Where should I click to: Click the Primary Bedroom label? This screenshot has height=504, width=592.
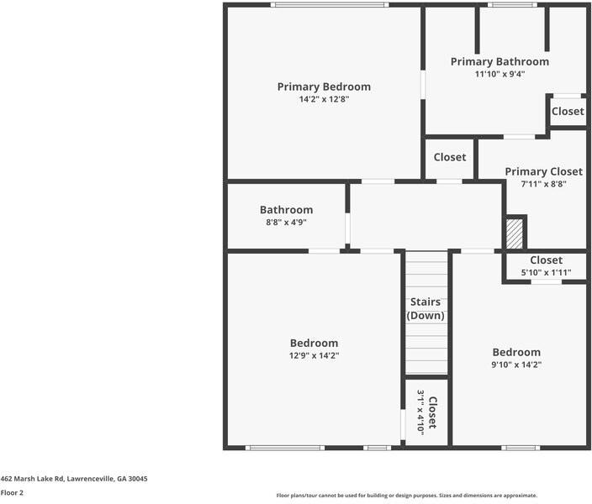tap(324, 87)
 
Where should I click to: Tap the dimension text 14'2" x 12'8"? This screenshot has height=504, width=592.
tap(324, 99)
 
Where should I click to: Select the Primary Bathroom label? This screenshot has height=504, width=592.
tap(499, 61)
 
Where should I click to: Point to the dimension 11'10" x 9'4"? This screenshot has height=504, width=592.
tap(499, 74)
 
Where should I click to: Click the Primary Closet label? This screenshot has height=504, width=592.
tap(543, 171)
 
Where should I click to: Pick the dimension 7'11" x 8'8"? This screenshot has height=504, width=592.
tap(543, 184)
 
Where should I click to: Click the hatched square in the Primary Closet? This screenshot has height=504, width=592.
tap(515, 233)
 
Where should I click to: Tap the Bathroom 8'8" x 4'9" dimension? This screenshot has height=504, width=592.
tap(286, 223)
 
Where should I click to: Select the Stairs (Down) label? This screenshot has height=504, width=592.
tap(425, 308)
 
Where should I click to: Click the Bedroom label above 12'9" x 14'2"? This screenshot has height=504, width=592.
tap(314, 343)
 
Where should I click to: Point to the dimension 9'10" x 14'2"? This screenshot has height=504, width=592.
tap(516, 365)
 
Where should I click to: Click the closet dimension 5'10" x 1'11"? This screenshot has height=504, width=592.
tap(546, 273)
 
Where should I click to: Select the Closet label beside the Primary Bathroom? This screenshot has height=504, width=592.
tap(568, 111)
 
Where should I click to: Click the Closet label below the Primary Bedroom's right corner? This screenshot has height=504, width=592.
tap(450, 157)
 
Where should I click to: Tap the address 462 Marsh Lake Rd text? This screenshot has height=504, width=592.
tap(74, 478)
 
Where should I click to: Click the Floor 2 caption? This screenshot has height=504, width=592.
tap(12, 493)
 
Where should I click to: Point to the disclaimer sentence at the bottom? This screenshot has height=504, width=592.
tap(406, 496)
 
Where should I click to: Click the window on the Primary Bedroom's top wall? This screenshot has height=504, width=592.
tap(329, 5)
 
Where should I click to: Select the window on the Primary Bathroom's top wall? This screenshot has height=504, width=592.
tap(513, 5)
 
